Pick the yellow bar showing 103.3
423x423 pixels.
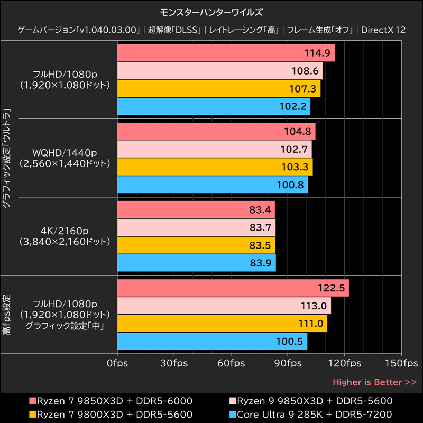(215, 167)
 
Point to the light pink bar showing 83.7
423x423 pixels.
(196, 228)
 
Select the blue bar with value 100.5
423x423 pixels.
(212, 341)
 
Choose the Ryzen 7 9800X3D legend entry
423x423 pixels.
(111, 413)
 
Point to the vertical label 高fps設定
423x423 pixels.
(6, 316)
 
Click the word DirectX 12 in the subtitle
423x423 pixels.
(383, 30)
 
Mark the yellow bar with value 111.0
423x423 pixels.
(222, 324)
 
